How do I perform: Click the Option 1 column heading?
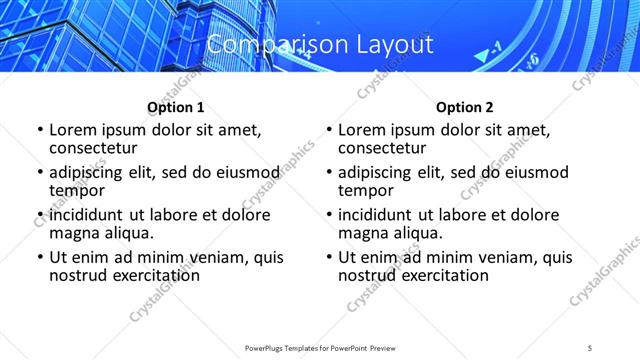pos(175,107)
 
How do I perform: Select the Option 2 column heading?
pos(464,107)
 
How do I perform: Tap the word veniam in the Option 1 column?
pos(207,257)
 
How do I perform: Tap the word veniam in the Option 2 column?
pos(496,257)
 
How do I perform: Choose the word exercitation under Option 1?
pos(153,275)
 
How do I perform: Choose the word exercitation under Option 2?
pos(442,275)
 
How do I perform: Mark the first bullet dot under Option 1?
pos(39,130)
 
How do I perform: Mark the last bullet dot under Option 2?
pos(328,257)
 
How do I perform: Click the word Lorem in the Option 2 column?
pos(362,130)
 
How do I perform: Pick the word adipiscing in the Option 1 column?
pos(92,172)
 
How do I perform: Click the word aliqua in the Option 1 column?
pos(126,233)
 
